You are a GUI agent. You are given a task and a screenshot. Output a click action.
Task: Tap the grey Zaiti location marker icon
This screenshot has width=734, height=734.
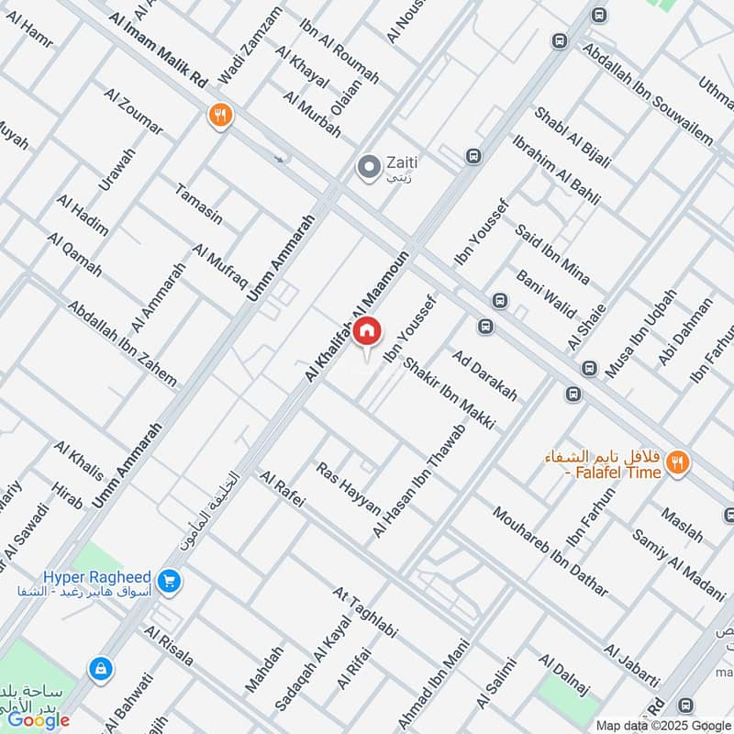(369, 167)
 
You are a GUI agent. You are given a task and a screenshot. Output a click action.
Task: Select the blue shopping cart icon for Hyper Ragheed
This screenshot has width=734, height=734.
(168, 581)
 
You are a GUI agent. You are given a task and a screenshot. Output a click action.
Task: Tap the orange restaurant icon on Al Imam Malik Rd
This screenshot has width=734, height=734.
(219, 116)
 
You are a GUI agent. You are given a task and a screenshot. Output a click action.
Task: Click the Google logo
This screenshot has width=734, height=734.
(39, 719)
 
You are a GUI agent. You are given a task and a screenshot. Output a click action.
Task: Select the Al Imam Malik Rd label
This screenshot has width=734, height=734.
(158, 51)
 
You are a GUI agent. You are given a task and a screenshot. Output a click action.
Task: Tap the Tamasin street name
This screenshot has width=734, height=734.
(198, 202)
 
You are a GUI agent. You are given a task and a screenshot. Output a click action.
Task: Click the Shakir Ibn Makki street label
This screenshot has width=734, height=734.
(450, 394)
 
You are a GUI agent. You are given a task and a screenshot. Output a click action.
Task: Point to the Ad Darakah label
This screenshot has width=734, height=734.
(484, 374)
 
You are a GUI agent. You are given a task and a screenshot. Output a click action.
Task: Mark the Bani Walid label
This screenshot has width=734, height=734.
(545, 292)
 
